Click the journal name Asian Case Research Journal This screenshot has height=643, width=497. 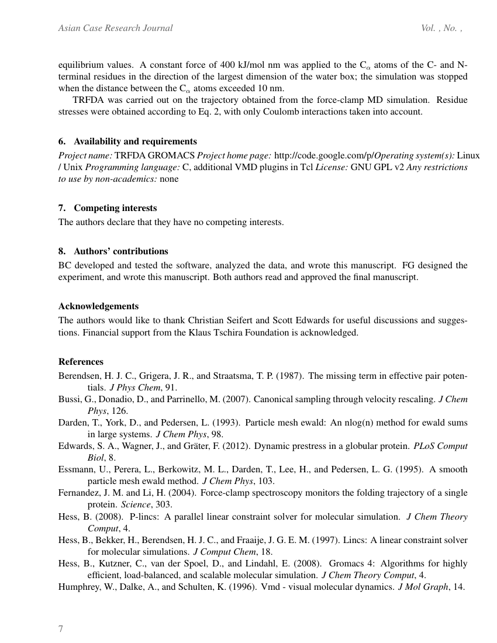116,28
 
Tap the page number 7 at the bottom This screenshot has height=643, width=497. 61,629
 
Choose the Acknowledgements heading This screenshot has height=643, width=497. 98,306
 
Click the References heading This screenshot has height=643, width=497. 81,361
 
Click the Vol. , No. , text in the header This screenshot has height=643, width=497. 441,28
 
